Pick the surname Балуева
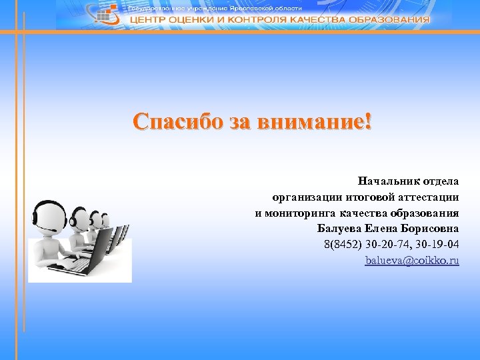click(x=339, y=229)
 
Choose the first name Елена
click(x=382, y=229)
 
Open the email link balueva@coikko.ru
click(x=412, y=261)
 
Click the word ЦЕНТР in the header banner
click(x=149, y=20)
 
